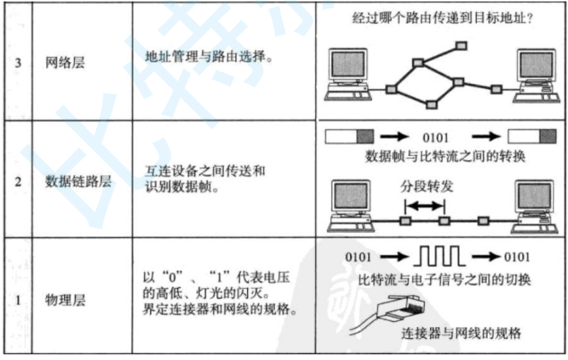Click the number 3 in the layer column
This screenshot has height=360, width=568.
coord(18,63)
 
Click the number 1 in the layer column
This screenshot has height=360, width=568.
coord(18,301)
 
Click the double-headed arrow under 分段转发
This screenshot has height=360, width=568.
coord(425,206)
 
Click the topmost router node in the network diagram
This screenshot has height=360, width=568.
coord(461,46)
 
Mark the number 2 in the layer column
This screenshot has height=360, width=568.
coord(18,181)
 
